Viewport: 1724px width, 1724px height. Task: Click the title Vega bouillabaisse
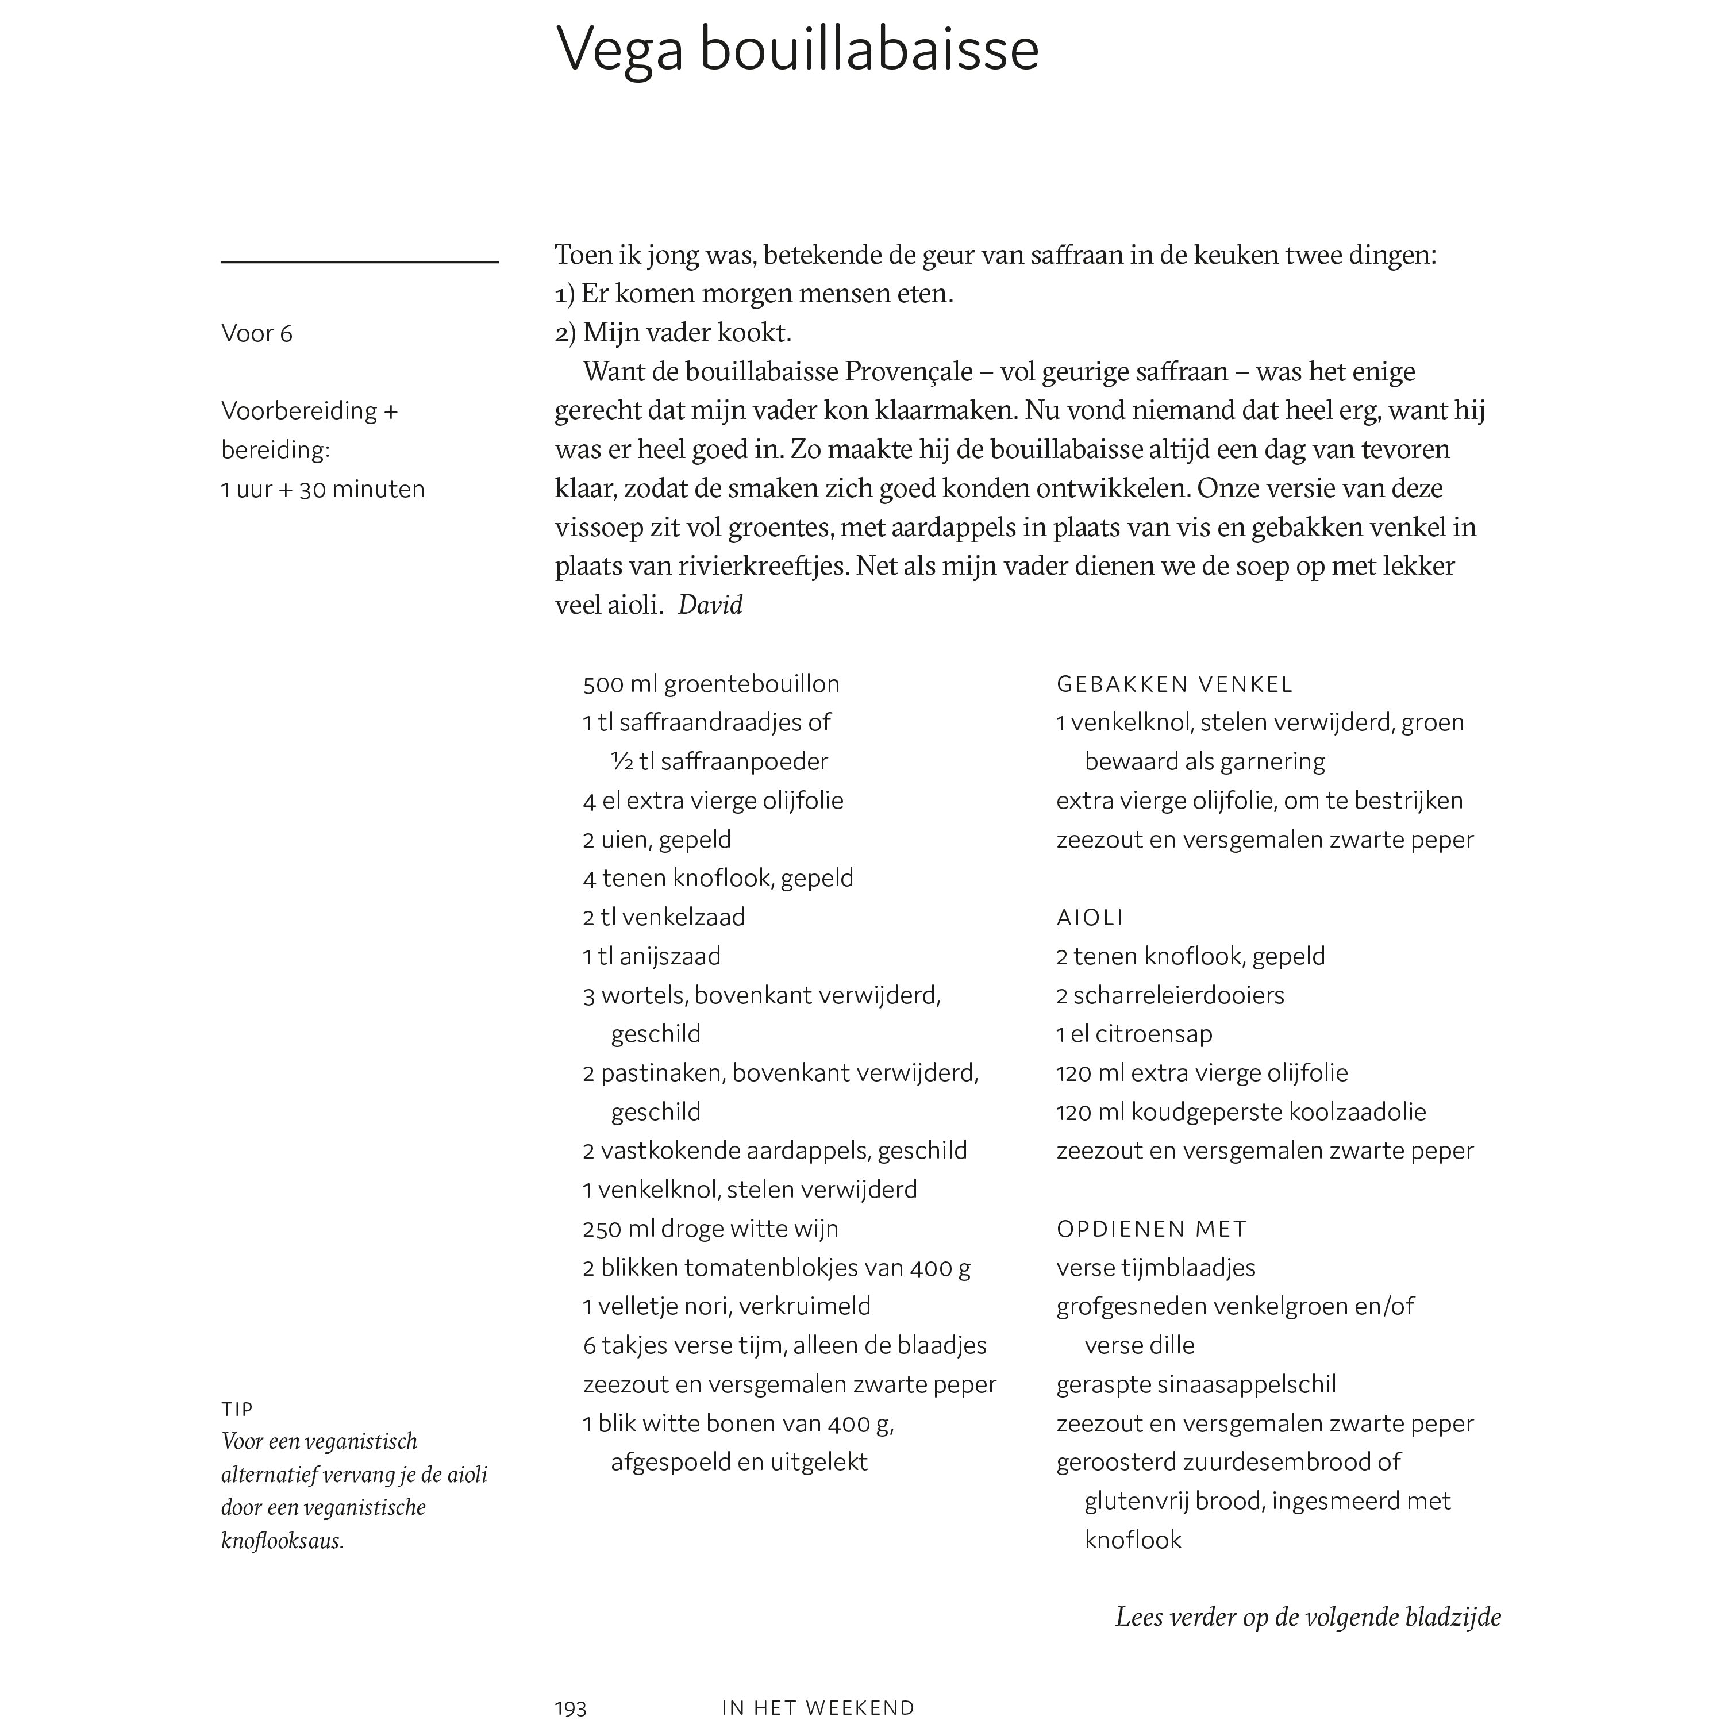[x=797, y=50]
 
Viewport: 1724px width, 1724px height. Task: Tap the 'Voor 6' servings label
[x=257, y=334]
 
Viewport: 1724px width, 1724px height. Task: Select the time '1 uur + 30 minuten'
[x=323, y=489]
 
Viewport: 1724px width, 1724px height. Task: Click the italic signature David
[x=710, y=605]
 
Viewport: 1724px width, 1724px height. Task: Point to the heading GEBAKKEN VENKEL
[x=1174, y=684]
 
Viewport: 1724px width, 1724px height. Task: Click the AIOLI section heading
[x=1090, y=917]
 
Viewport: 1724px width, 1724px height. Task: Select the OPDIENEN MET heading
[x=1151, y=1229]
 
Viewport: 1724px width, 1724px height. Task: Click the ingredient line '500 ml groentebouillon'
[x=711, y=684]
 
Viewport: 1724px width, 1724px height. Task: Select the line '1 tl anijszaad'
[x=652, y=957]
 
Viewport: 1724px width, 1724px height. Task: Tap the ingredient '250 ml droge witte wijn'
[x=710, y=1229]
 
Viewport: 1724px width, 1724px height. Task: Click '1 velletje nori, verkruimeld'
[x=726, y=1306]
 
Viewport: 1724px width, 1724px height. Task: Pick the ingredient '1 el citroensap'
[x=1134, y=1034]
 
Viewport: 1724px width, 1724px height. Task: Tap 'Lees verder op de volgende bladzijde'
[x=1308, y=1617]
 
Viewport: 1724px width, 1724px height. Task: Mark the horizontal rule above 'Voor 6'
[x=360, y=263]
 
